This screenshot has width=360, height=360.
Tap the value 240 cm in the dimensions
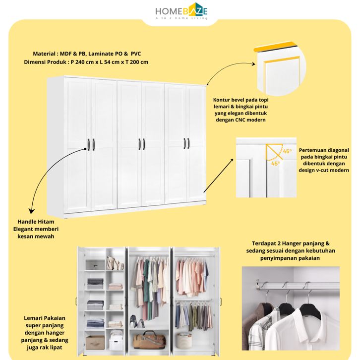coord(83,62)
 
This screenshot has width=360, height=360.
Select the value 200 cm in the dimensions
coord(138,62)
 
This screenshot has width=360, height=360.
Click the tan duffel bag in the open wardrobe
coord(148,340)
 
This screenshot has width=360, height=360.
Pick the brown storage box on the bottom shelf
coord(95,342)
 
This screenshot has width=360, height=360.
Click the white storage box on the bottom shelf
coord(116,342)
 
